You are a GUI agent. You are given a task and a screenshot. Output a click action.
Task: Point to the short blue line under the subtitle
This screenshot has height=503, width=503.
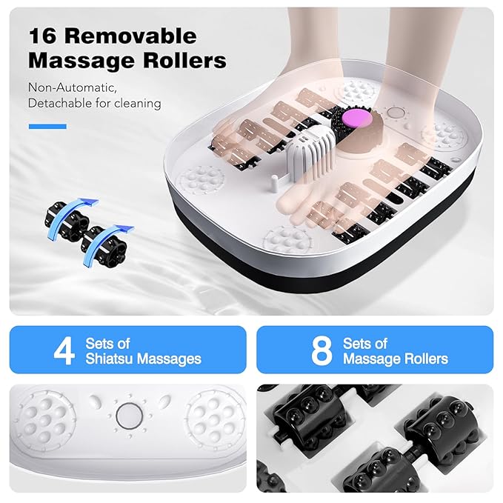(47, 127)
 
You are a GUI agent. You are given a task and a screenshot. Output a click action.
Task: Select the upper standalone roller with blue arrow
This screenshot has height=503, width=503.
(69, 215)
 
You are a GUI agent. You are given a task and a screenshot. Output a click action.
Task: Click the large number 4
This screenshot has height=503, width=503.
(64, 350)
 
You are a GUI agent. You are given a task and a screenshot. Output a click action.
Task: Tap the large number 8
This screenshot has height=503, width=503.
(320, 350)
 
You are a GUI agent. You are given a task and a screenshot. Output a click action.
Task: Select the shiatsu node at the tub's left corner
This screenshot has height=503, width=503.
(199, 180)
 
